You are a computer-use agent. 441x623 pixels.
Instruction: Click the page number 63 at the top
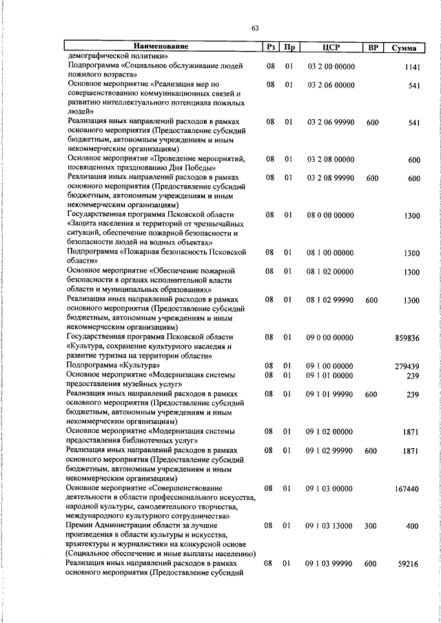[255, 28]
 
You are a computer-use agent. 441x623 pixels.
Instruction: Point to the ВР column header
[373, 47]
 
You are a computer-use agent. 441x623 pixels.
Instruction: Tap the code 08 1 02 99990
[331, 300]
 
